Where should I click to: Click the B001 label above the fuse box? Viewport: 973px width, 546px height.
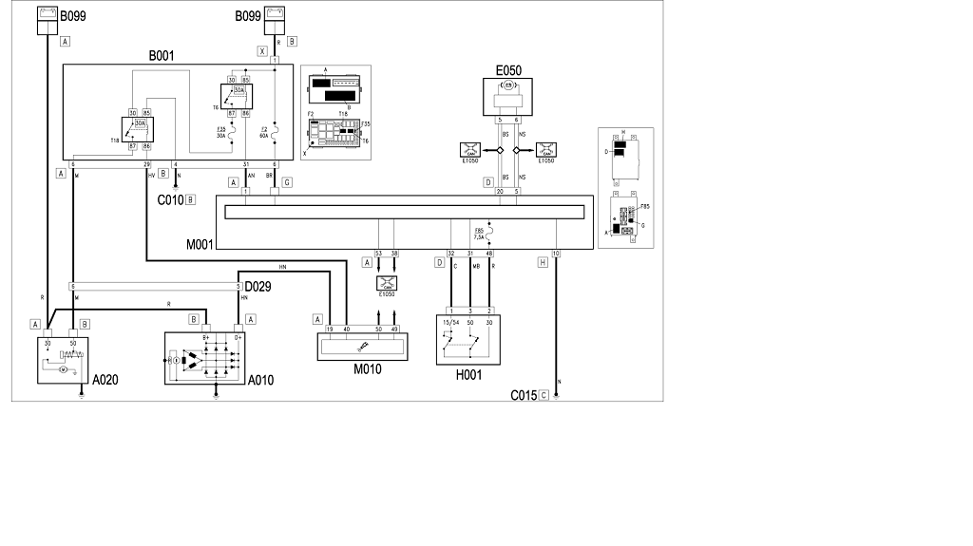[x=162, y=56]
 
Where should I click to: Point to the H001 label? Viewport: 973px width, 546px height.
[x=467, y=375]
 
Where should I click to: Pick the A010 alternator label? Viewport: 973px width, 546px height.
[x=260, y=380]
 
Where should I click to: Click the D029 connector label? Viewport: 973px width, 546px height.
[x=258, y=286]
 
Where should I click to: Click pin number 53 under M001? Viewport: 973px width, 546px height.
[x=378, y=254]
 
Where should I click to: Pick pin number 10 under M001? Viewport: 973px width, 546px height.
[x=556, y=254]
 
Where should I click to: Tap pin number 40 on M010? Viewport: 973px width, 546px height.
[x=346, y=328]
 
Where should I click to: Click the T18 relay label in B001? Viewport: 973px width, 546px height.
[x=116, y=139]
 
